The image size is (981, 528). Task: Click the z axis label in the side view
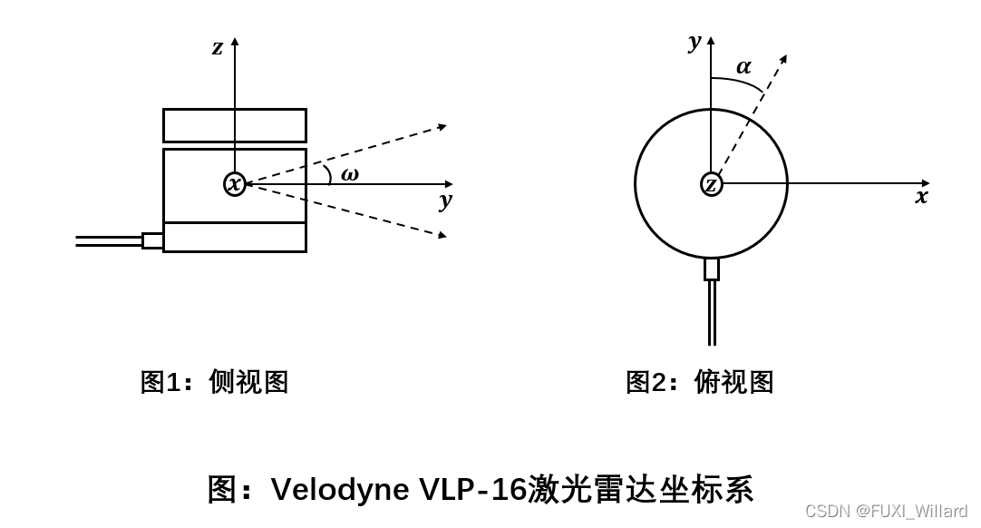coord(218,48)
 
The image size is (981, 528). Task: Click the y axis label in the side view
coord(445,200)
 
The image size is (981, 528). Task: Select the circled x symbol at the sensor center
coord(235,184)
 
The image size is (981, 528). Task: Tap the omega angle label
coord(349,174)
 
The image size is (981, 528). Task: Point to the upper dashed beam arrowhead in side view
coord(442,127)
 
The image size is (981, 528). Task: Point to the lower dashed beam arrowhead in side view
coord(442,235)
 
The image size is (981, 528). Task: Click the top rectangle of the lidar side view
coord(235,126)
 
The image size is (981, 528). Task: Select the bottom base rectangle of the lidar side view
coord(235,238)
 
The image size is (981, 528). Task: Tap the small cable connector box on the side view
coord(152,240)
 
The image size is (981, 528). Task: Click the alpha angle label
coord(743,66)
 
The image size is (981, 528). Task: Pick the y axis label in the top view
coord(695,41)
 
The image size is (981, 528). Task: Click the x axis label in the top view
coord(921,197)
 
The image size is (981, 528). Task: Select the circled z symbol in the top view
coord(712,184)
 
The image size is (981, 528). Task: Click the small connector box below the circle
coord(712,269)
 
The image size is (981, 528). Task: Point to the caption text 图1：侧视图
coord(214,382)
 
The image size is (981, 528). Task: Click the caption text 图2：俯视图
coord(699,382)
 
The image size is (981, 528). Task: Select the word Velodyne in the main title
coord(340,490)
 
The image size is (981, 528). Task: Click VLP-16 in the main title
coord(472,490)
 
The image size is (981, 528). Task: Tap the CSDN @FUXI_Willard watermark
coord(886,511)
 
